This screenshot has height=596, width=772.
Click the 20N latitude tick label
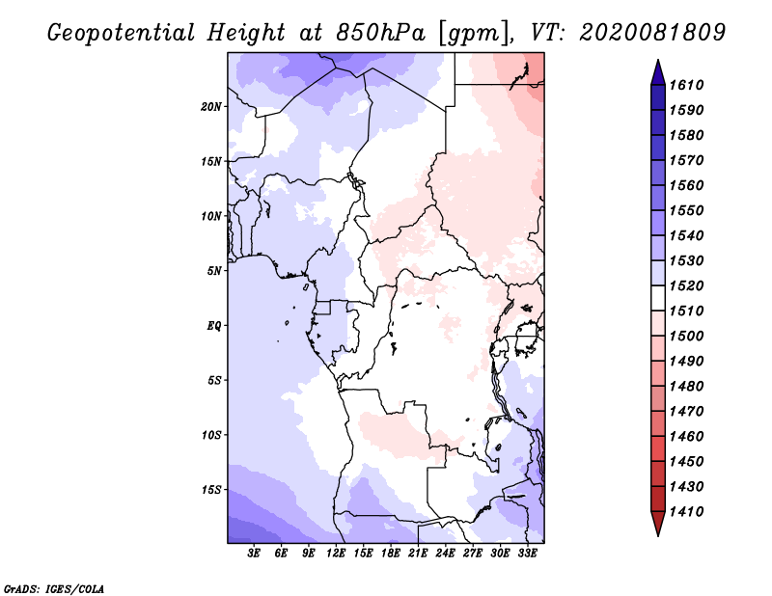pyautogui.click(x=210, y=107)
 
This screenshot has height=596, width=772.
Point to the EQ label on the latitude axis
pyautogui.click(x=213, y=326)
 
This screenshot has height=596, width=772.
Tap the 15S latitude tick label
pyautogui.click(x=210, y=490)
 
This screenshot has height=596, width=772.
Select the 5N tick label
pyautogui.click(x=213, y=271)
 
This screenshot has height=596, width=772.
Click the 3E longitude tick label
pyautogui.click(x=254, y=554)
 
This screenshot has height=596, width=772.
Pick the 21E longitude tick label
pyautogui.click(x=418, y=554)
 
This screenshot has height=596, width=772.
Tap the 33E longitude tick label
pyautogui.click(x=527, y=554)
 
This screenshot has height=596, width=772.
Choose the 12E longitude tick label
pyautogui.click(x=335, y=554)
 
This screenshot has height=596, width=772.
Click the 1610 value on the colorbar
pyautogui.click(x=686, y=85)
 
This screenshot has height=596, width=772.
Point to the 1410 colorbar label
pyautogui.click(x=686, y=512)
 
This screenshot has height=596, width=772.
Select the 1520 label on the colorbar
pyautogui.click(x=686, y=285)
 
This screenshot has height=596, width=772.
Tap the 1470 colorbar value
pyautogui.click(x=686, y=412)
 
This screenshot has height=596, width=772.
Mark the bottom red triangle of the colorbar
pyautogui.click(x=658, y=522)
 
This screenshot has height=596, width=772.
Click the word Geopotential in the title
pyautogui.click(x=122, y=34)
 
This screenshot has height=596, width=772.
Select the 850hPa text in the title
pyautogui.click(x=380, y=33)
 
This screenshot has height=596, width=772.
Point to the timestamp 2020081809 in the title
pyautogui.click(x=652, y=33)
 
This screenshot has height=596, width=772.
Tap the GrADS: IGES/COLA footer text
pyautogui.click(x=54, y=588)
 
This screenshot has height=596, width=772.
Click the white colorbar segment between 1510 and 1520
pyautogui.click(x=658, y=298)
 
